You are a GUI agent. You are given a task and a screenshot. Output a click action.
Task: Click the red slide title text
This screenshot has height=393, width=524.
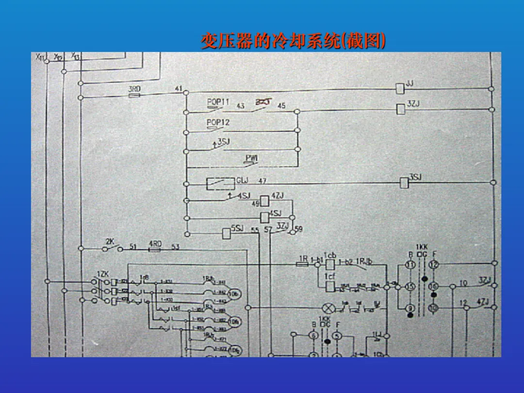pyautogui.click(x=294, y=42)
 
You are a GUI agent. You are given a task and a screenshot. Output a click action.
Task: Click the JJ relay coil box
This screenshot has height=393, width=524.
pyautogui.click(x=400, y=88)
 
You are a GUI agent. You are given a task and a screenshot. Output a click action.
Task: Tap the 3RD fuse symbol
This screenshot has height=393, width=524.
pyautogui.click(x=134, y=96)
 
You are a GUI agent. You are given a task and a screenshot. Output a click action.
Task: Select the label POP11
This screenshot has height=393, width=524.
pyautogui.click(x=218, y=102)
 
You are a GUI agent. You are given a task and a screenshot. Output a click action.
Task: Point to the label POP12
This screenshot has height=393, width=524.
pyautogui.click(x=218, y=123)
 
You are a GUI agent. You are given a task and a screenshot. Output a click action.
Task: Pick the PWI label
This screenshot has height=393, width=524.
pyautogui.click(x=251, y=157)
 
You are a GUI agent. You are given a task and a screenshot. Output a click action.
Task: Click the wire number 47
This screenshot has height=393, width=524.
pyautogui.click(x=262, y=181)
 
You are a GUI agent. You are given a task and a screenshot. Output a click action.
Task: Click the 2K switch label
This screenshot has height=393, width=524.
pyautogui.click(x=110, y=241)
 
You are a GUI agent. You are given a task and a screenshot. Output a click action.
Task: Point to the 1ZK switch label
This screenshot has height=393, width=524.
pyautogui.click(x=102, y=274)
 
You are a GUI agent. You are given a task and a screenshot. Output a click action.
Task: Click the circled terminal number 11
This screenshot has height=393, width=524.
pyautogui.click(x=410, y=265)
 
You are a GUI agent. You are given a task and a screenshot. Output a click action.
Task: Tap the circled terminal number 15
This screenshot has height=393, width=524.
pyautogui.click(x=410, y=287)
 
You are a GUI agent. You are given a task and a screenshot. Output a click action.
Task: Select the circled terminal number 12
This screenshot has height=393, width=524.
pyautogui.click(x=433, y=265)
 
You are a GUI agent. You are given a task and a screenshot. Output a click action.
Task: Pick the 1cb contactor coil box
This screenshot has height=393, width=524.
pyautogui.click(x=330, y=264)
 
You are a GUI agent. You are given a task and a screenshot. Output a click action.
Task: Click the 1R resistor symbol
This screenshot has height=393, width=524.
pyautogui.click(x=302, y=265)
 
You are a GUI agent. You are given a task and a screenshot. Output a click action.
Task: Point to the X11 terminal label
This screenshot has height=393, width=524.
pyautogui.click(x=41, y=57)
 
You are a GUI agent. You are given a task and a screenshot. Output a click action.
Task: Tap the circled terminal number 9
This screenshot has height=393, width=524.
pyautogui.click(x=410, y=308)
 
